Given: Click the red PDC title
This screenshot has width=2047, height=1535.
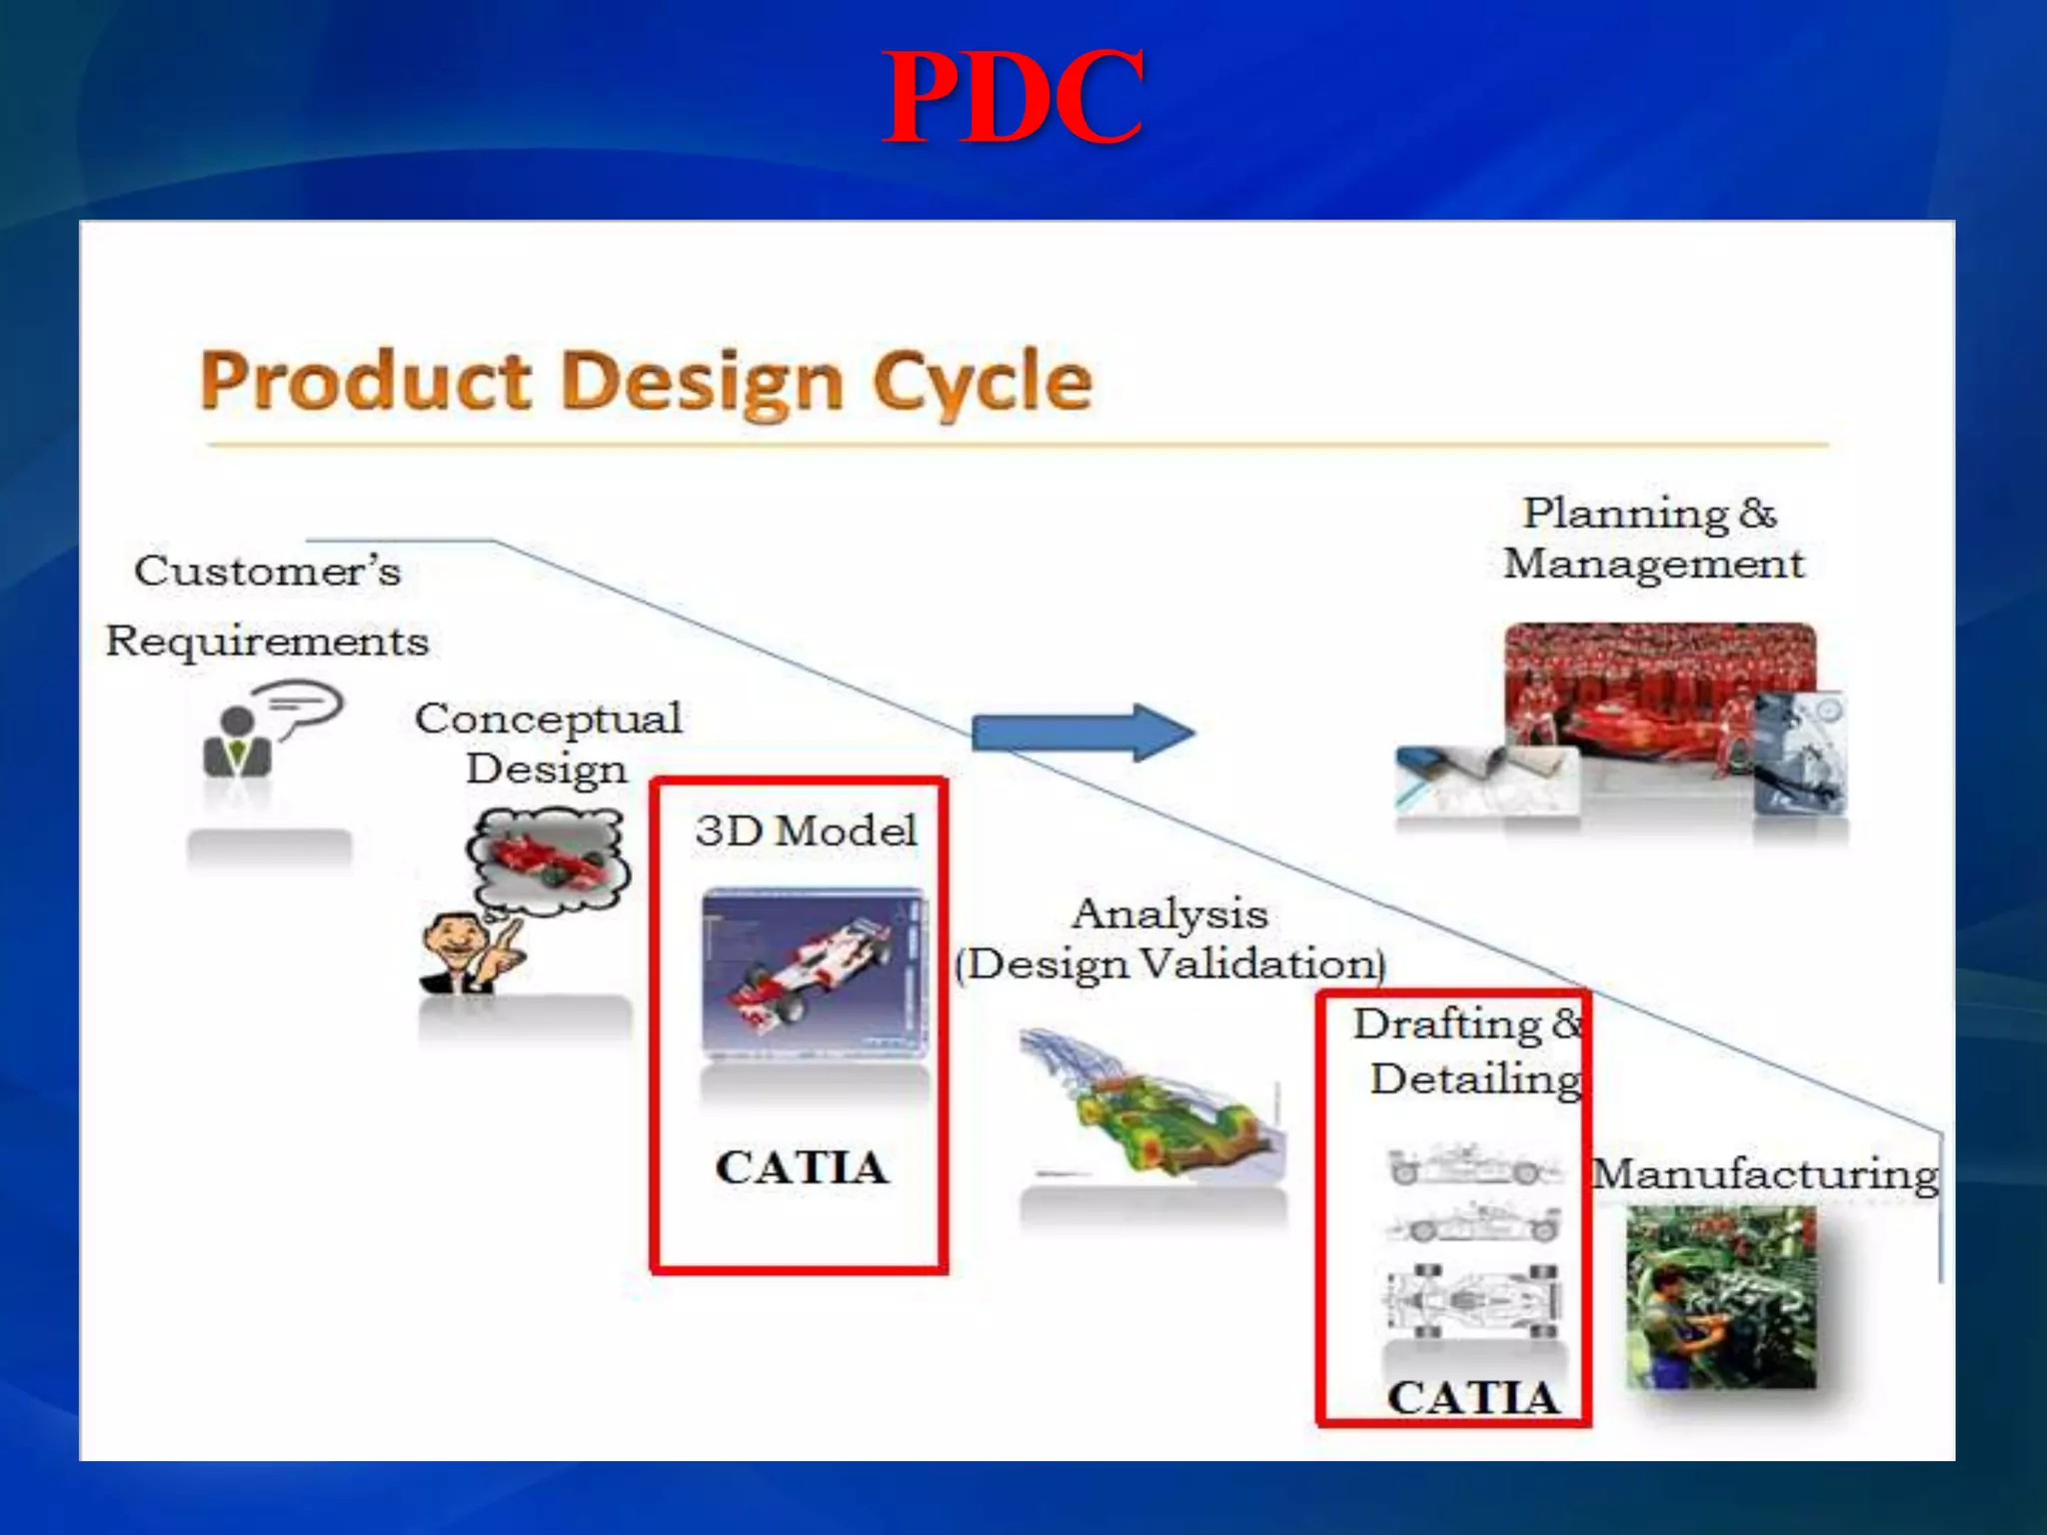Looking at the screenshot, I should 1013,98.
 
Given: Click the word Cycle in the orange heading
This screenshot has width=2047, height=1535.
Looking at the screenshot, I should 982,382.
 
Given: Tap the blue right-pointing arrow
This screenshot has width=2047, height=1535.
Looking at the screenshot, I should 1082,733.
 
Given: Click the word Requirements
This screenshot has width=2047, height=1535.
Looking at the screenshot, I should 267,641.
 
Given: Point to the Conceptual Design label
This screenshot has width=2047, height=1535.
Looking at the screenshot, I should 548,744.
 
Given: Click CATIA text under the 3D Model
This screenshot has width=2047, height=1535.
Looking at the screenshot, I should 802,1167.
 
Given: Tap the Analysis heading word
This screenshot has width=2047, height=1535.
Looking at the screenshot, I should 1169,913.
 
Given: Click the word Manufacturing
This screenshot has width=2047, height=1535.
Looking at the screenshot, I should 1764,1174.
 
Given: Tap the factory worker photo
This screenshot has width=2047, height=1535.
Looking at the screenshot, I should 1721,1297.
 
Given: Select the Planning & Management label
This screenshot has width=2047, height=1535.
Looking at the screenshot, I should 1653,538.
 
